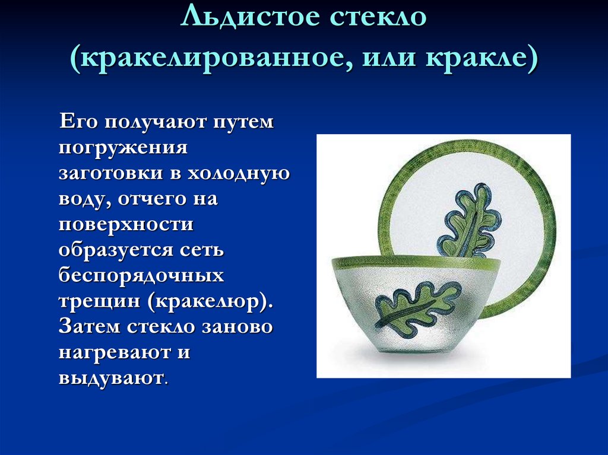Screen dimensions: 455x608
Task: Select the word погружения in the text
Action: pos(123,148)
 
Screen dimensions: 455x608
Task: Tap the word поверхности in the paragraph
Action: pos(126,225)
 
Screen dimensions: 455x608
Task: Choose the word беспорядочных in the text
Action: pos(141,276)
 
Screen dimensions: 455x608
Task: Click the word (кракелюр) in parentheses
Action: pos(208,301)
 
